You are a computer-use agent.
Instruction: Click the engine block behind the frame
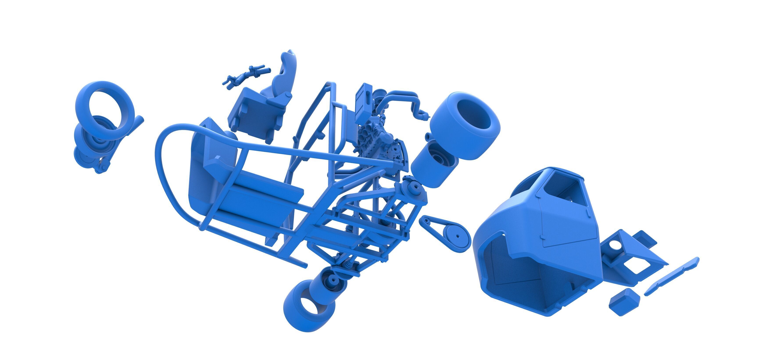(x=376, y=140)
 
